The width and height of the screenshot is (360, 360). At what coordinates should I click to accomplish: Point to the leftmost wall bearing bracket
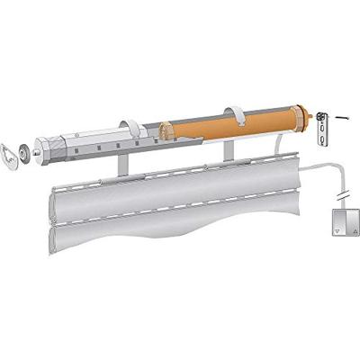pyautogui.click(x=11, y=154)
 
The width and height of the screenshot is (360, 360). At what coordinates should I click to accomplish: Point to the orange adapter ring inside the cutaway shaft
pyautogui.click(x=164, y=131)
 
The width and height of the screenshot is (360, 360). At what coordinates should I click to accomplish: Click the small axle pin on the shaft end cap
pyautogui.click(x=37, y=150)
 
